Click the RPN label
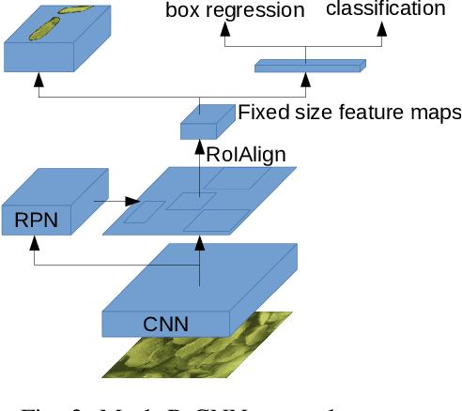click(36, 221)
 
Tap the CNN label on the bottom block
click(165, 325)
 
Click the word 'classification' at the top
click(386, 9)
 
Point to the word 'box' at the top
click(183, 10)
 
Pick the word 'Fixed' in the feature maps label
click(260, 113)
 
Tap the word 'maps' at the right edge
click(438, 114)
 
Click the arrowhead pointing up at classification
click(381, 28)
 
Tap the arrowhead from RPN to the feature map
click(134, 200)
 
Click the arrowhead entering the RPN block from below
click(34, 240)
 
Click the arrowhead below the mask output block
click(40, 82)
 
